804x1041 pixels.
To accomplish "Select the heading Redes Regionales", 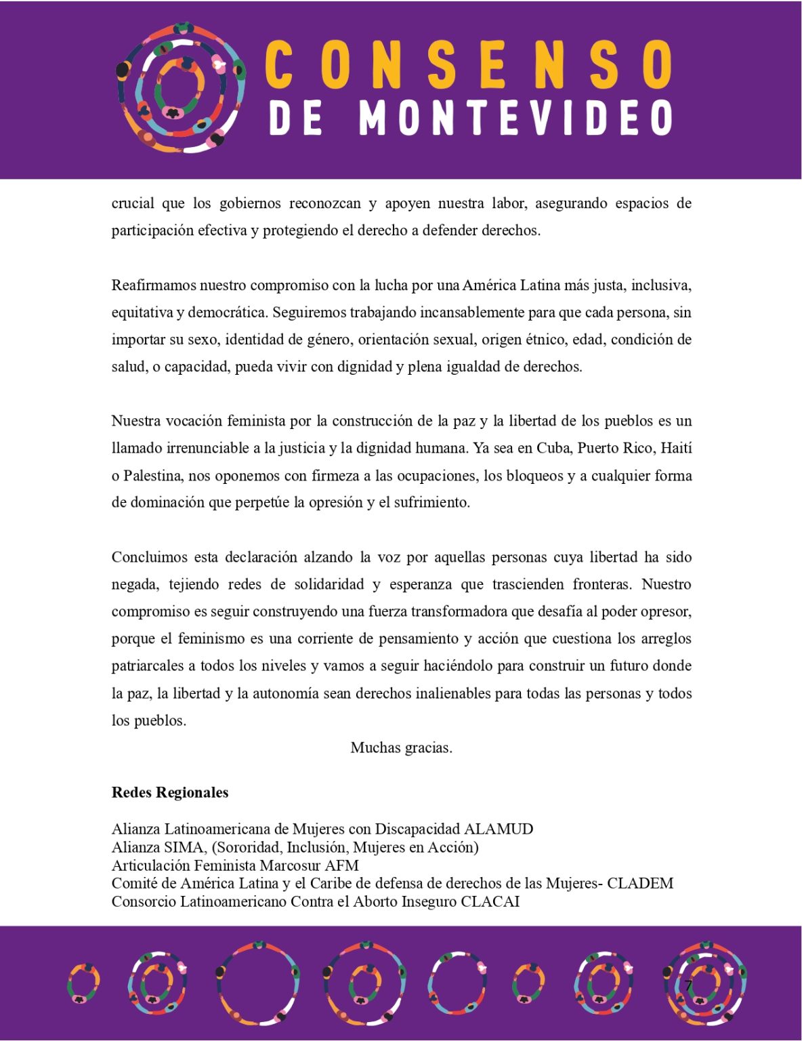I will (170, 792).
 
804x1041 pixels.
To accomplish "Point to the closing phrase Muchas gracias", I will (401, 748).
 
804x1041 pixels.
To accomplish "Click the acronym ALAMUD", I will (498, 829).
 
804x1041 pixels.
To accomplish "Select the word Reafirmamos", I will (154, 285).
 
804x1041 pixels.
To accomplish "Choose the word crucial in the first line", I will (133, 203).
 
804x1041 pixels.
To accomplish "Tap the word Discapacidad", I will (417, 829).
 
